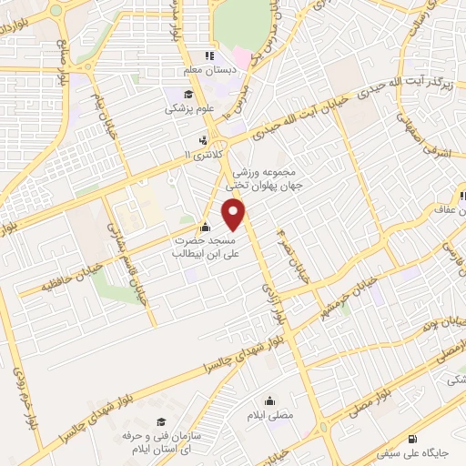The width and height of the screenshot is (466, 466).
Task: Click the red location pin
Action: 235,214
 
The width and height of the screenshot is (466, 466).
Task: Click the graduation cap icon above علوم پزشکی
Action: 187,94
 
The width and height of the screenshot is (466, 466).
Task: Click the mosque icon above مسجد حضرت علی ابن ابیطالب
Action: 205,228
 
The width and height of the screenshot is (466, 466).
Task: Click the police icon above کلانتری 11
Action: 205,140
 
